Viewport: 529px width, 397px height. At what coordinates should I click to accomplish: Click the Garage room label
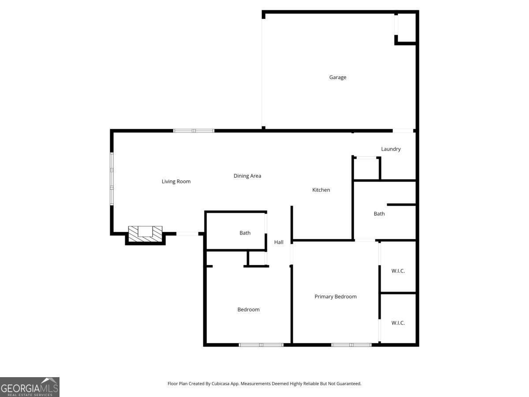338,77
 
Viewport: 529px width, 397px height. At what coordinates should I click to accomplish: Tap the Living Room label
176,181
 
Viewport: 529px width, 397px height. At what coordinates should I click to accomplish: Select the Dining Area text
247,176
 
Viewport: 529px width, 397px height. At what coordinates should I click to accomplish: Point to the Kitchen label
321,190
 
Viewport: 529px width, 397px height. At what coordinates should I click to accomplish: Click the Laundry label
391,149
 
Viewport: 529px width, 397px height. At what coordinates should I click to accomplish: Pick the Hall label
279,242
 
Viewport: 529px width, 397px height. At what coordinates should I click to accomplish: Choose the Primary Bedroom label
335,296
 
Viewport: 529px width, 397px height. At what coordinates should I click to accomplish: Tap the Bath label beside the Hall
245,233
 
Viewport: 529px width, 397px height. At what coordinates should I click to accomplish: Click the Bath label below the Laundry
379,213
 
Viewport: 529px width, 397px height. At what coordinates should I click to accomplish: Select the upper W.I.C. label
398,271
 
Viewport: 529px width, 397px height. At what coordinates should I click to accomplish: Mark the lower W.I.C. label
398,323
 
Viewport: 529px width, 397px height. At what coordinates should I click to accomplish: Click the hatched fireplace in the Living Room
145,234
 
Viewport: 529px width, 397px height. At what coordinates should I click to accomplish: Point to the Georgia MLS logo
30,387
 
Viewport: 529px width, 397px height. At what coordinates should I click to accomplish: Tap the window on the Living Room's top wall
194,131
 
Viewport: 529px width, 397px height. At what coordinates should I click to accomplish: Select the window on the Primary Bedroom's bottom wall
351,345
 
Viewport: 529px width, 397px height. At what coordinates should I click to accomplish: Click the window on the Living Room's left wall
112,179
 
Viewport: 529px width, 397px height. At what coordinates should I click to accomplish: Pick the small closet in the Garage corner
406,27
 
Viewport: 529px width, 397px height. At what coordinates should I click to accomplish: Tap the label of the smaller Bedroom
249,310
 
